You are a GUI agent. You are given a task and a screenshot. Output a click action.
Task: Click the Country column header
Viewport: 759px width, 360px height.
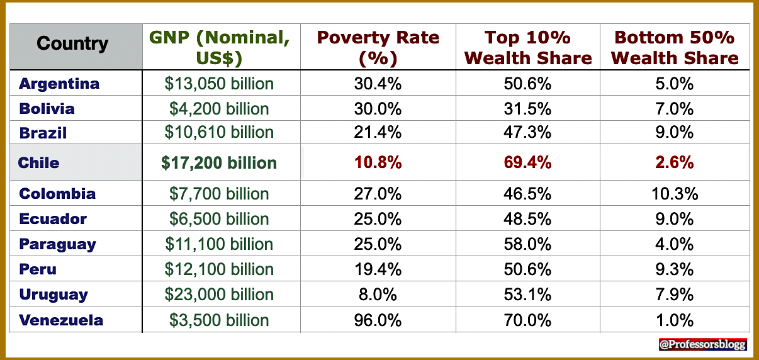(x=72, y=44)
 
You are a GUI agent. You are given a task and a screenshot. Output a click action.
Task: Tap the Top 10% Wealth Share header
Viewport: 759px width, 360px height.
(x=528, y=47)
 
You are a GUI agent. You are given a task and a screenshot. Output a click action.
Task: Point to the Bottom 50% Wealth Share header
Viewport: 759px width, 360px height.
(x=675, y=47)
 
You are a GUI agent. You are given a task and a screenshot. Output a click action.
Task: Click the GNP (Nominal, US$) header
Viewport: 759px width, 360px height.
(x=220, y=47)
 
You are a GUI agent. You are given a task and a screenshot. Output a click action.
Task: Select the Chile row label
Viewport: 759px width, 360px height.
(x=39, y=162)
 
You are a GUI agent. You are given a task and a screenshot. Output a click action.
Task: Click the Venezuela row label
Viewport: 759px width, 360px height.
(x=61, y=320)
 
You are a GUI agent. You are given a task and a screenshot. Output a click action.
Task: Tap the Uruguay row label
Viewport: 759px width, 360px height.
(x=53, y=295)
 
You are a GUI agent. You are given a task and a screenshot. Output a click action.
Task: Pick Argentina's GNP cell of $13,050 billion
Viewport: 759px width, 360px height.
(x=219, y=83)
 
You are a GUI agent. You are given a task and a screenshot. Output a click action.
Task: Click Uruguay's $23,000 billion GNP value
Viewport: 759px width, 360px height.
(x=219, y=295)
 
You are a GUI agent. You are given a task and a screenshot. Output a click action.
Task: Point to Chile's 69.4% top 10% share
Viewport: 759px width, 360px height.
(x=527, y=162)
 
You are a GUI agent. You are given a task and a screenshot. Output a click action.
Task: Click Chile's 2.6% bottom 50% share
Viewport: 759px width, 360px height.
(x=675, y=162)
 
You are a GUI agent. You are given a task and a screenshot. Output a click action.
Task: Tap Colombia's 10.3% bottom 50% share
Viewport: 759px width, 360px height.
(x=675, y=194)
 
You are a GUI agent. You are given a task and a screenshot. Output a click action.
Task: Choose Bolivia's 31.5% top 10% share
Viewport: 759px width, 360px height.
(x=527, y=108)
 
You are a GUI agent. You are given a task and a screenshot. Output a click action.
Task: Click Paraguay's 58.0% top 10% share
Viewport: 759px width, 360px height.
(x=527, y=244)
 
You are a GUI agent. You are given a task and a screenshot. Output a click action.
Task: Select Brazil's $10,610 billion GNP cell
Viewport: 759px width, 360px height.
(x=219, y=132)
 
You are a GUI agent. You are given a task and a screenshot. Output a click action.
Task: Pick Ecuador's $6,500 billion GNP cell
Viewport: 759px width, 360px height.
(x=219, y=219)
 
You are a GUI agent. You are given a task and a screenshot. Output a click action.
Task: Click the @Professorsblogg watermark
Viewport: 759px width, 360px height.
(x=702, y=344)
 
